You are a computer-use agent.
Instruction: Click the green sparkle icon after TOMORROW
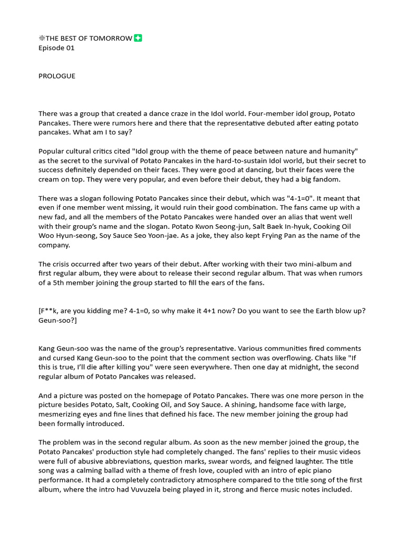tap(138, 38)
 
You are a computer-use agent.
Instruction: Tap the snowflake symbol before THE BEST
tap(42, 38)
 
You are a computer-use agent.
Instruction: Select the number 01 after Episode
tap(70, 48)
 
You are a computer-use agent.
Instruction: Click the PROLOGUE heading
tap(57, 76)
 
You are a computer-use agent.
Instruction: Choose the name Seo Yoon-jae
tap(148, 236)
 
